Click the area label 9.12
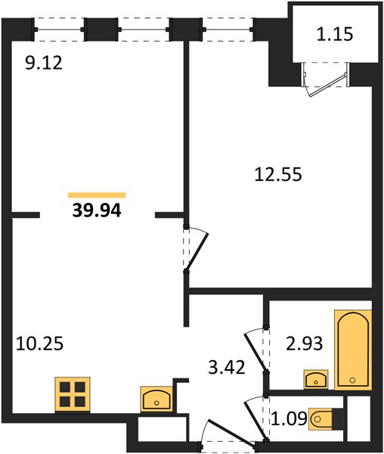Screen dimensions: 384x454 [44, 63]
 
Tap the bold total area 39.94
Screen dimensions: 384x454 [97, 210]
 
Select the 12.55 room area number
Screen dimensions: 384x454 [278, 174]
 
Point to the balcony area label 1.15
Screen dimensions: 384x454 [335, 34]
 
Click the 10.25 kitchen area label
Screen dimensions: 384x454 [39, 344]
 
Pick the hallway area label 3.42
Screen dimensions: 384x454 [227, 367]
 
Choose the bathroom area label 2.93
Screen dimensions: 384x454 [304, 344]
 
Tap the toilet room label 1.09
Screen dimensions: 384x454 [290, 418]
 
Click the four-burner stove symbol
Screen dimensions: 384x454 [73, 394]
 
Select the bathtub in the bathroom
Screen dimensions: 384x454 [353, 350]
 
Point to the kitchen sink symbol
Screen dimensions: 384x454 [156, 399]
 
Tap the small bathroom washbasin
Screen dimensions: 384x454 [316, 379]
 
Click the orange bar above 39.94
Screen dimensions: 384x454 [97, 195]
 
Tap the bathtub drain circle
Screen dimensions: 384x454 [352, 380]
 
